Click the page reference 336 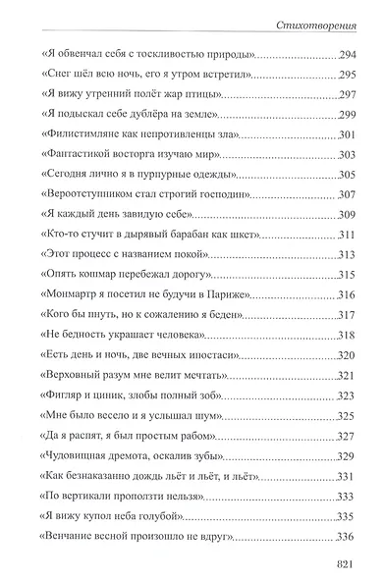click(x=340, y=535)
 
